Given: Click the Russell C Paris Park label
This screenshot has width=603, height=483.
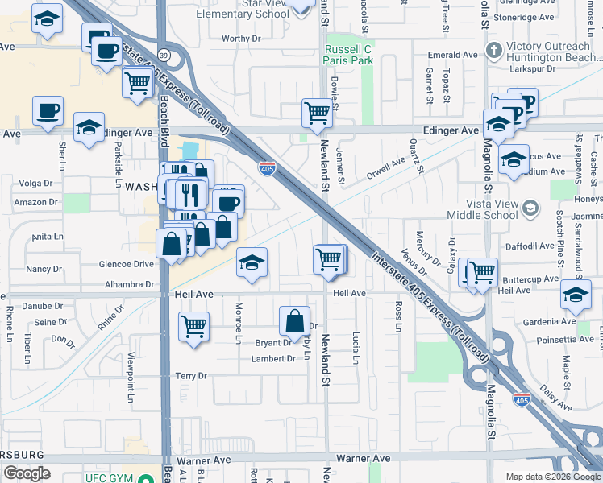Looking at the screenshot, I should [x=348, y=55].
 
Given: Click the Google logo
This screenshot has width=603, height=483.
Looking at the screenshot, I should [x=27, y=473].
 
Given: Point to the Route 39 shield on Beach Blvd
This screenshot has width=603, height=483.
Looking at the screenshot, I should [x=164, y=55].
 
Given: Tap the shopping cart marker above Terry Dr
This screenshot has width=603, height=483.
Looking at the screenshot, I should [x=193, y=327].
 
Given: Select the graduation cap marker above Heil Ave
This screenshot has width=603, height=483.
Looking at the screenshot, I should [x=252, y=262].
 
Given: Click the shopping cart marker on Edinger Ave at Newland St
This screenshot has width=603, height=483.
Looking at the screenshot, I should [x=318, y=113].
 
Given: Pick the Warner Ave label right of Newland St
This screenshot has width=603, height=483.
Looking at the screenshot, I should [x=363, y=458].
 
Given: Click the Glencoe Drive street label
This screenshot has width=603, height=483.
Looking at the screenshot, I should [x=125, y=264].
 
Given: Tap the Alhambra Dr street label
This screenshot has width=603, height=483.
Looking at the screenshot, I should [x=129, y=284].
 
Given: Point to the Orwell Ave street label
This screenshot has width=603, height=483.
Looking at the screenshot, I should [x=385, y=169].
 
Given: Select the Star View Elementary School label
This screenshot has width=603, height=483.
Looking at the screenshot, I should [x=243, y=9].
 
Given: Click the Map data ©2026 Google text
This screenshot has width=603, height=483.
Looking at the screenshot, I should [x=551, y=476].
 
